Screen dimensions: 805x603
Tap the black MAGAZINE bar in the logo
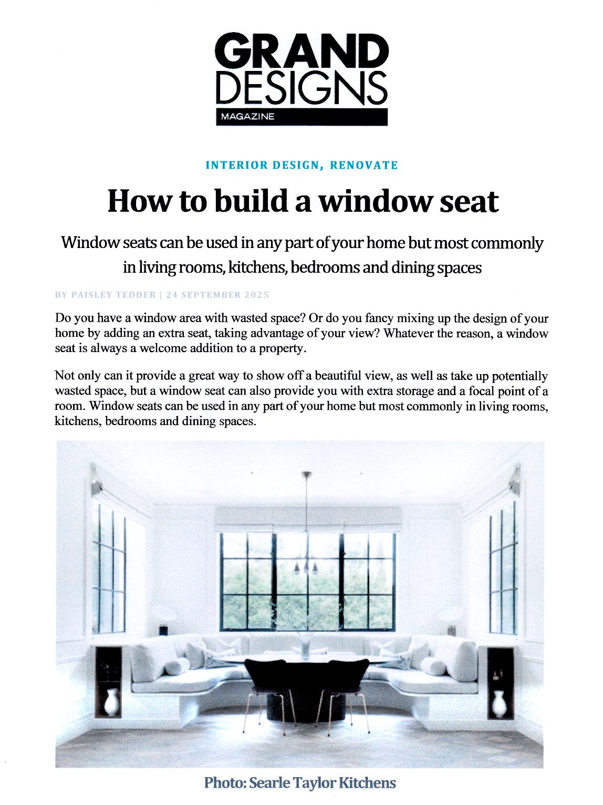pos(301,117)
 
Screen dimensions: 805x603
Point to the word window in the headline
pos(370,201)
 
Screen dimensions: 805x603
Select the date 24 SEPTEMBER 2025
pos(217,295)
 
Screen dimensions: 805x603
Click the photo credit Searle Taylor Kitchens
pos(322,783)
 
